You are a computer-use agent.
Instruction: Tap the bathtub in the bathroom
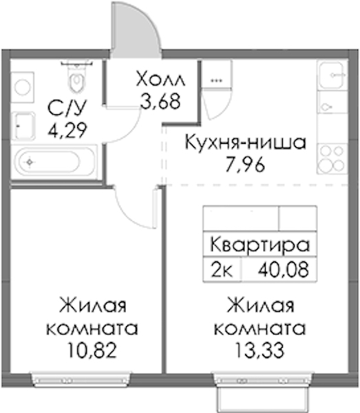pyautogui.click(x=55, y=162)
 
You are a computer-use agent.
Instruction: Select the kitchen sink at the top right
pyautogui.click(x=332, y=75)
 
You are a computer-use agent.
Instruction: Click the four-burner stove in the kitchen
pyautogui.click(x=332, y=158)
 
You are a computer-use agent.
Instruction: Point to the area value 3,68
pyautogui.click(x=160, y=101)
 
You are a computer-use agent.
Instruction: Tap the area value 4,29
pyautogui.click(x=67, y=129)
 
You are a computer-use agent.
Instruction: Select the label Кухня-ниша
pyautogui.click(x=246, y=142)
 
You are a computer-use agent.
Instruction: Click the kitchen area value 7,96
pyautogui.click(x=245, y=165)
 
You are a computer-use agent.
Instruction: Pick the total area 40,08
pyautogui.click(x=283, y=270)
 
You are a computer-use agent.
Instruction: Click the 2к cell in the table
pyautogui.click(x=222, y=270)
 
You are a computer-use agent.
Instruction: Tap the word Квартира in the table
pyautogui.click(x=260, y=245)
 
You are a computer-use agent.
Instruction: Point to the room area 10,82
pyautogui.click(x=92, y=350)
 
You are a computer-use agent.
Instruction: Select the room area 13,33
pyautogui.click(x=260, y=350)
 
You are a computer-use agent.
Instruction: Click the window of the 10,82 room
pyautogui.click(x=81, y=379)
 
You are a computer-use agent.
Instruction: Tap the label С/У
pyautogui.click(x=67, y=107)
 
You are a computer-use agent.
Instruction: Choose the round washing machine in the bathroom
pyautogui.click(x=23, y=87)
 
